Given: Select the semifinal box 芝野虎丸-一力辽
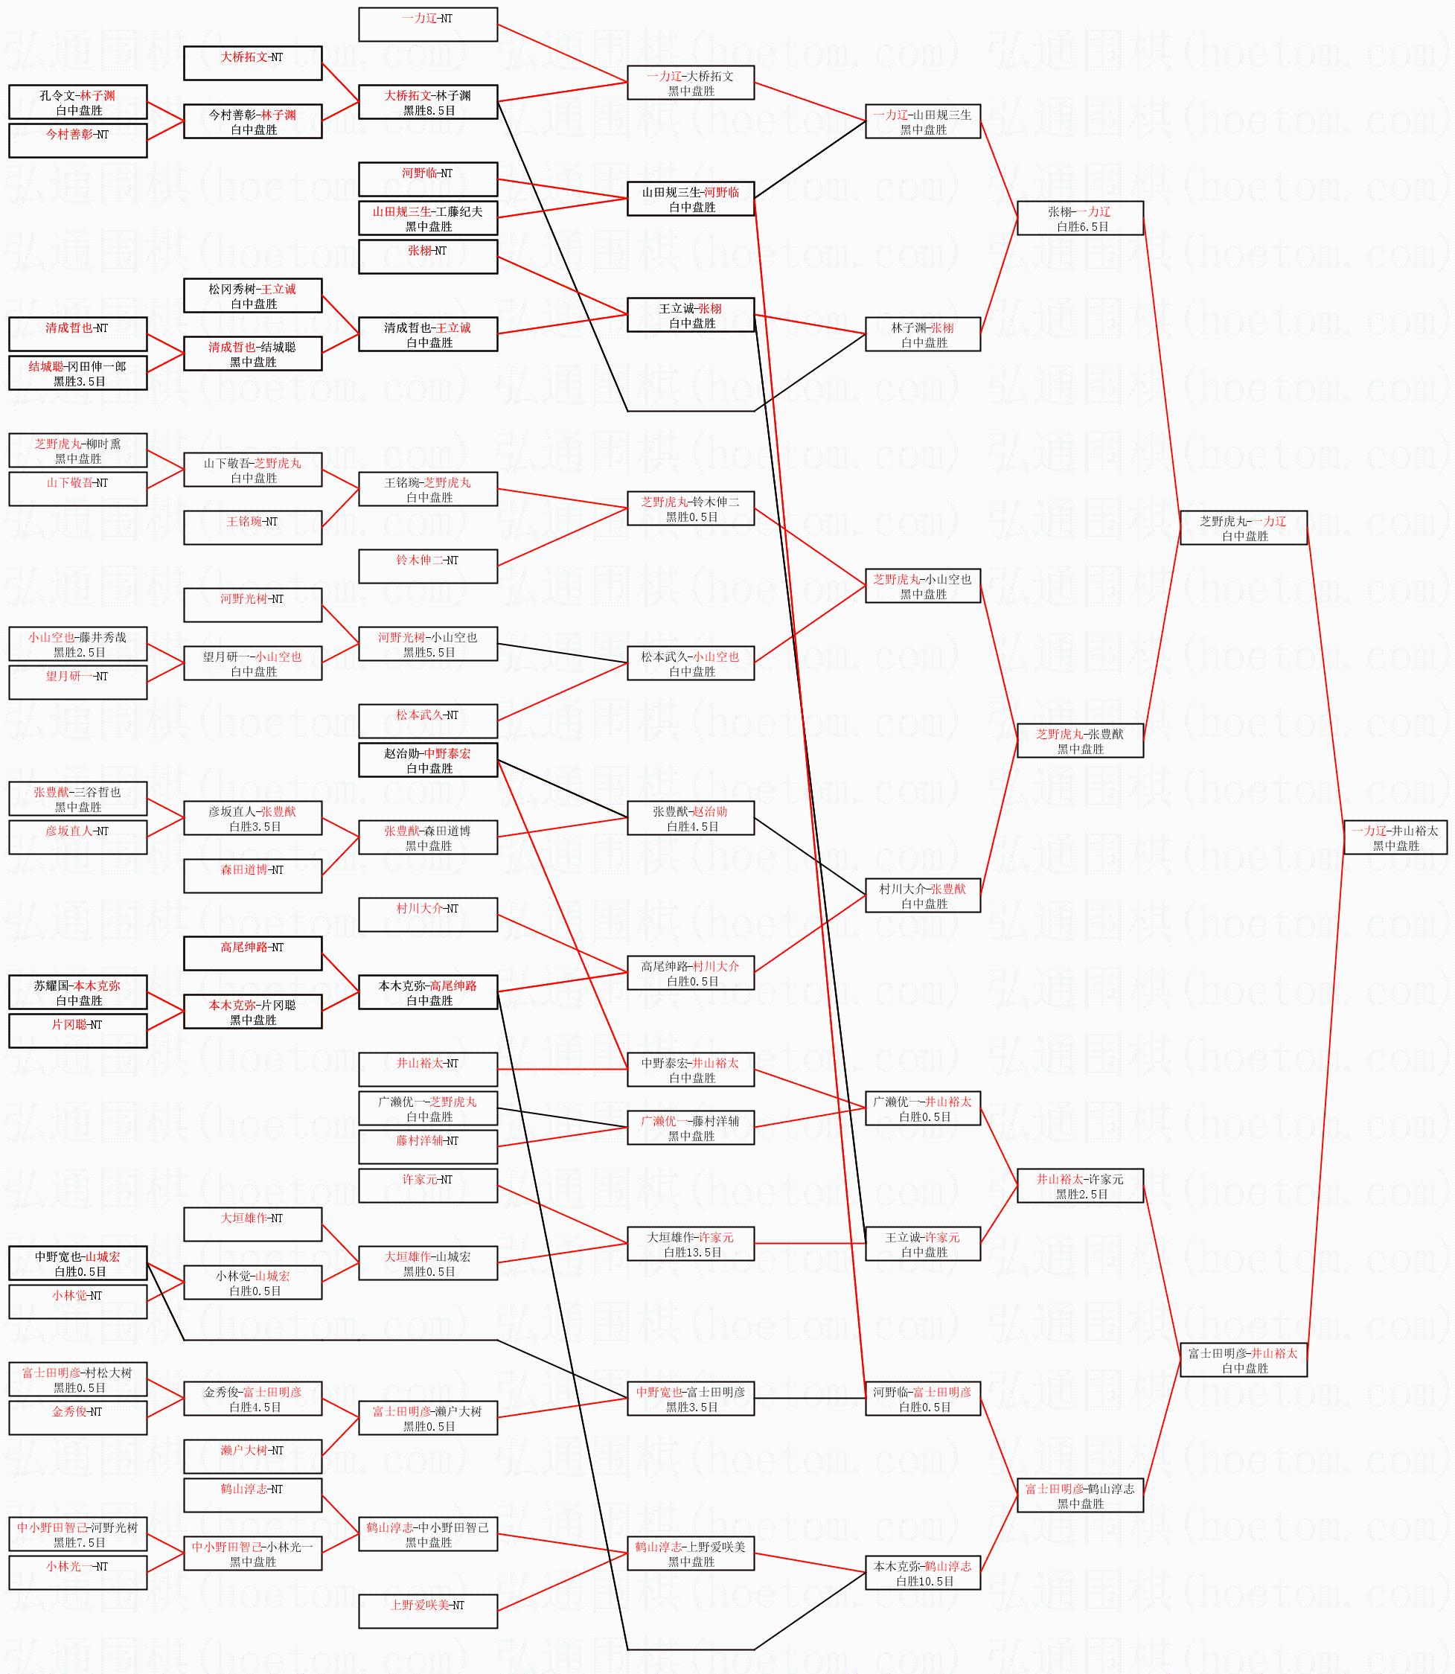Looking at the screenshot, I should pos(1243,528).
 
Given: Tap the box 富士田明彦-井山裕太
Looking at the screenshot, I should pos(1243,1360).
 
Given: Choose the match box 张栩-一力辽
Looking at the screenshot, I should pos(1080,218).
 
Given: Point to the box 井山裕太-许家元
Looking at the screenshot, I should pos(1080,1186).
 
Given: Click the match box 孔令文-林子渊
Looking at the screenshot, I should pos(78,102).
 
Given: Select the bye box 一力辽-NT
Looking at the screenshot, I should pos(428,25).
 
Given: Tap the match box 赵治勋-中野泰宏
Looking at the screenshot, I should pos(428,760).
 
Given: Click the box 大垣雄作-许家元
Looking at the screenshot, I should pos(690,1244).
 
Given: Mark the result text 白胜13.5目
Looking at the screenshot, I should pos(690,1253).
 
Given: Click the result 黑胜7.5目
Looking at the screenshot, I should pos(79,1542).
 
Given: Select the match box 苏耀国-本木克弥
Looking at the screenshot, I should pos(78,992).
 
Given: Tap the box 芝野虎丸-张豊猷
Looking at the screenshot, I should pos(1080,741).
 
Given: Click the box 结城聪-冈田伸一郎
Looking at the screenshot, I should pos(78,373).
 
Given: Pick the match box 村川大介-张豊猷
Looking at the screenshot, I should pos(922,895).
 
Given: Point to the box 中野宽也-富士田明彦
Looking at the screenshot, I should pos(690,1399).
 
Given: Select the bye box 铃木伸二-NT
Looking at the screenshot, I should pos(428,566).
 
